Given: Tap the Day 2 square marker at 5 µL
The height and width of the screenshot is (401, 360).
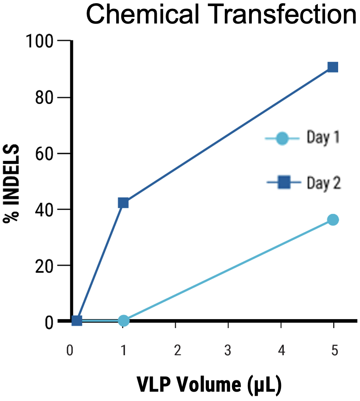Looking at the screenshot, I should [333, 67].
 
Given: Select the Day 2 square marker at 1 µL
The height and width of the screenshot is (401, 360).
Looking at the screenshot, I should [123, 203].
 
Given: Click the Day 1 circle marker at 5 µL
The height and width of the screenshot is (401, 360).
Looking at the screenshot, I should [333, 220].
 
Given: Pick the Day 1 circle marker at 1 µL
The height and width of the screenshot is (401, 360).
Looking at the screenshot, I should [124, 321].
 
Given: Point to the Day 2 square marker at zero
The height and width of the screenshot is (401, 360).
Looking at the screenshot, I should [77, 321].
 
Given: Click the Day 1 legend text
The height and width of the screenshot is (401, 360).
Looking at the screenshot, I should [322, 139].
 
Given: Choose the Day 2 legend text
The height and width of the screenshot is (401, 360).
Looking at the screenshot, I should [323, 183].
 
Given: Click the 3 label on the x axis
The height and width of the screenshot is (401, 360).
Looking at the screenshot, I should [228, 350].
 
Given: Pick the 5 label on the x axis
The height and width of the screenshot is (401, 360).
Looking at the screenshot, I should [334, 350].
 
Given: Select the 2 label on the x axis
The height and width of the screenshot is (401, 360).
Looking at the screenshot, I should [175, 350].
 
